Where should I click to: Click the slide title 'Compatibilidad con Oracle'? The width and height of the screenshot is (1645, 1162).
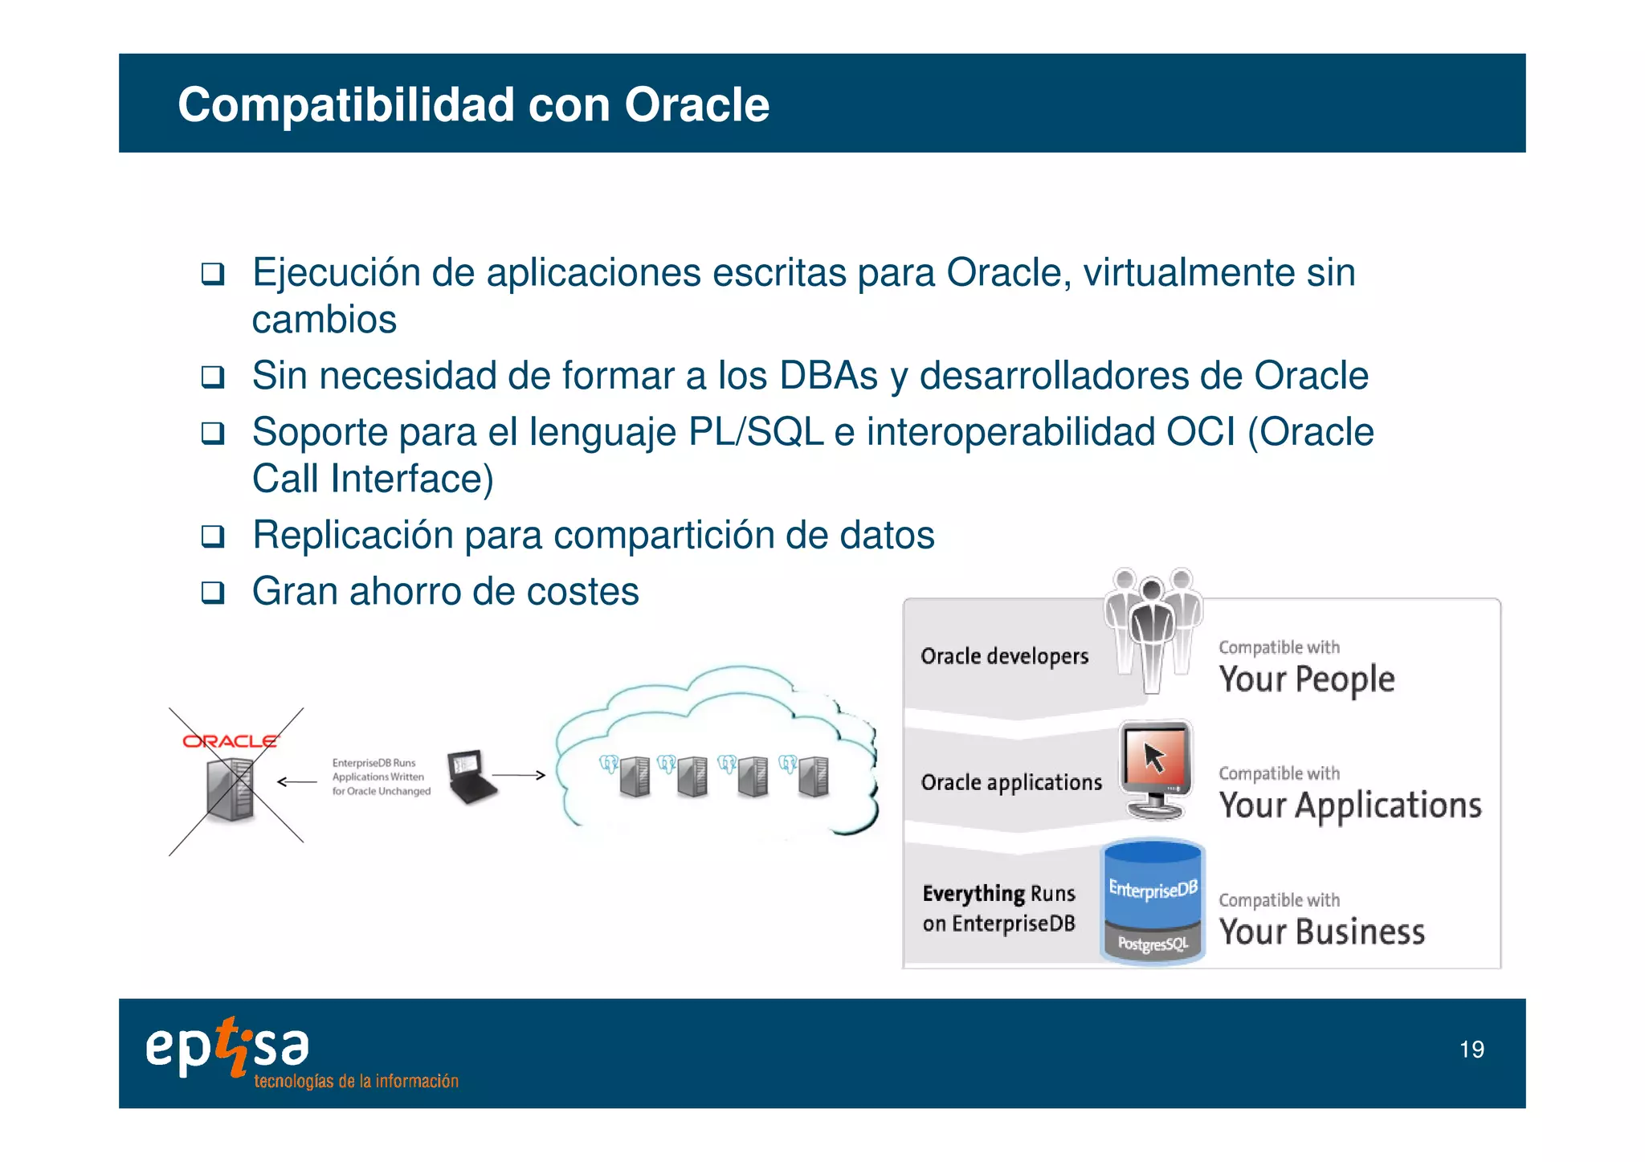pos(473,104)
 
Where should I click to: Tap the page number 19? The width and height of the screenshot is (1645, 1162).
pos(1472,1050)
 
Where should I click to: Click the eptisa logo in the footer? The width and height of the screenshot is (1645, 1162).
pos(227,1047)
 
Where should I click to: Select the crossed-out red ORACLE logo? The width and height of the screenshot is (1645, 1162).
pos(230,740)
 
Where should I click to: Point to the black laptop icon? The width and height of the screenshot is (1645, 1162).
pos(471,777)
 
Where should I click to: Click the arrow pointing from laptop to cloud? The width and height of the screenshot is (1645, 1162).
pos(519,775)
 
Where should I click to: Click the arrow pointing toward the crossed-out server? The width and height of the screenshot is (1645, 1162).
pos(297,781)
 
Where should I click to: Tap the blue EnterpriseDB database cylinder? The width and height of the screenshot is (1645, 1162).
pos(1153,900)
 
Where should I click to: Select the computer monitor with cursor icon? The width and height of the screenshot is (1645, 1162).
pos(1155,769)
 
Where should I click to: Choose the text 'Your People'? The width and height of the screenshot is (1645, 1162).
pos(1307,679)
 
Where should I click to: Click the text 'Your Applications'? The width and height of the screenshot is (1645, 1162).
pos(1350,805)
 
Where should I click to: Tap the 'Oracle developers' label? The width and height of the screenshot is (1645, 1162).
pos(1004,656)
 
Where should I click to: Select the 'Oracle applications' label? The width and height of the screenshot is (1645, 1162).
pos(1011,782)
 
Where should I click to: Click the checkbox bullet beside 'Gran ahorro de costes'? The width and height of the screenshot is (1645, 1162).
pos(213,593)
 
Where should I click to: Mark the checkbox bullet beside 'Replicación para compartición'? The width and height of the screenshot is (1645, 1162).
pos(213,536)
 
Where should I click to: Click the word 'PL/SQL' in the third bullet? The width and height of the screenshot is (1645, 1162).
pos(756,432)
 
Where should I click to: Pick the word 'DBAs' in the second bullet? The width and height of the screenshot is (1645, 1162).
pos(828,376)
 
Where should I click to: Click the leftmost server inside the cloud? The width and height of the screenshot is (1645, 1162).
pos(634,777)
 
